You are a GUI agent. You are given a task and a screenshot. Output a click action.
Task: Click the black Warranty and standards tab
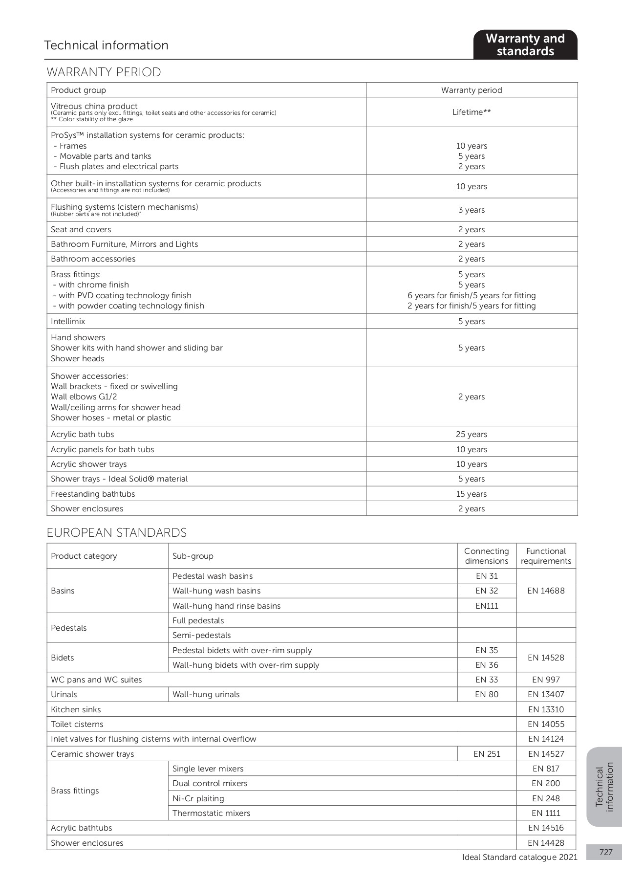click(x=525, y=45)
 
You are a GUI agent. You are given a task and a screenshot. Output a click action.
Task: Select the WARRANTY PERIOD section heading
click(x=104, y=72)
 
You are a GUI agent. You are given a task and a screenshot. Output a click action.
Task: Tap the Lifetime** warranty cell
click(x=472, y=112)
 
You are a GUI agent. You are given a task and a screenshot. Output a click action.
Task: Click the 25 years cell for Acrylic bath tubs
click(x=472, y=435)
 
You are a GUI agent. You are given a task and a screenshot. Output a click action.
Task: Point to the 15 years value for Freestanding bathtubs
click(x=472, y=494)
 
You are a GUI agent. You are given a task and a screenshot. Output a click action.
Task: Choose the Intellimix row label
click(x=68, y=322)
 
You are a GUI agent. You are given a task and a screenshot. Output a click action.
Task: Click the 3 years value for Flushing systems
click(x=472, y=210)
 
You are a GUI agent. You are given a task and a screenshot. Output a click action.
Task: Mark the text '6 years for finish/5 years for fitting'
click(x=472, y=296)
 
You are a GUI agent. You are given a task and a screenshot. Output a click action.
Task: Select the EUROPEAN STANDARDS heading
click(x=117, y=533)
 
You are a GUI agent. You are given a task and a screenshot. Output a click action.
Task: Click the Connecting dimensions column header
click(x=487, y=556)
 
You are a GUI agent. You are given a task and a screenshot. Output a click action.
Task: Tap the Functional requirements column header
click(x=546, y=556)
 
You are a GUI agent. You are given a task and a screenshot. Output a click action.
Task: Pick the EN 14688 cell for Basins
click(x=546, y=591)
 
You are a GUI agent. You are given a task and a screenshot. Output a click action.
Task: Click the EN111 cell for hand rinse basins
click(x=487, y=606)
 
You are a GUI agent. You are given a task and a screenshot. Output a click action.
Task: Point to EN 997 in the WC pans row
click(x=546, y=680)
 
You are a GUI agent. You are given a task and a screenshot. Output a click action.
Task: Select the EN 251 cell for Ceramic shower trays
click(x=487, y=754)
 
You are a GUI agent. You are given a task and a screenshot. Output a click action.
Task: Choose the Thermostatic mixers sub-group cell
click(x=212, y=814)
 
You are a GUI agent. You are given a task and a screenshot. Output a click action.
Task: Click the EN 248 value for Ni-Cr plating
click(x=546, y=799)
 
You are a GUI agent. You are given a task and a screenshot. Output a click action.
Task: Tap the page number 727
click(x=606, y=853)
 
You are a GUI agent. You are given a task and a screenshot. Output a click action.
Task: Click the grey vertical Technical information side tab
click(x=604, y=787)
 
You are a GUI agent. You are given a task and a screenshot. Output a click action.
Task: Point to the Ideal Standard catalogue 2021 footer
click(x=519, y=858)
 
